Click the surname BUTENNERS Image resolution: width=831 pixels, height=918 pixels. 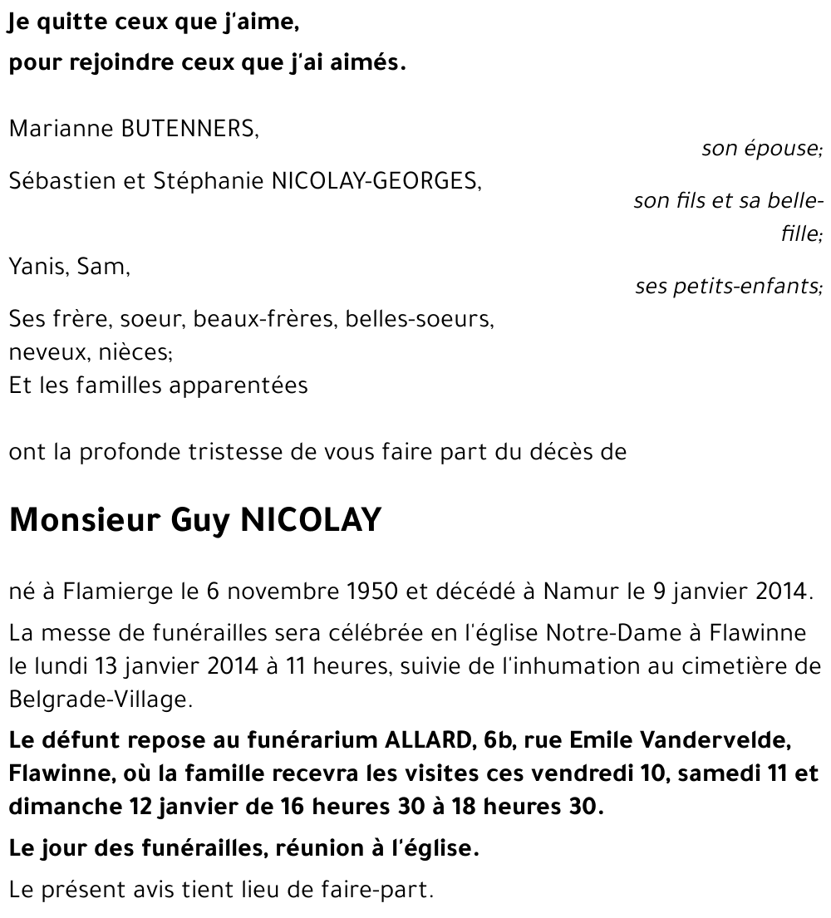click(x=190, y=129)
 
